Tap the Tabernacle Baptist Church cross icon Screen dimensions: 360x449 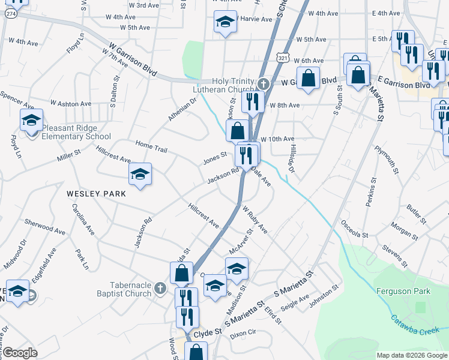pos(160,289)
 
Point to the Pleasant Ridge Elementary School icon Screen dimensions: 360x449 pos(31,121)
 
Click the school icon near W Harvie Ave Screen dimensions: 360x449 pos(224,23)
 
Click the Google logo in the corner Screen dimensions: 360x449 pos(20,353)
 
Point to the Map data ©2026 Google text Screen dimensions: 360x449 pos(412,355)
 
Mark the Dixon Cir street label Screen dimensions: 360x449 pos(243,332)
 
